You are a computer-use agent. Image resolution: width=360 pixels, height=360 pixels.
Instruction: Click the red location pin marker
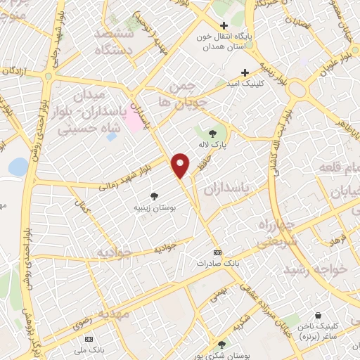coord(181,165)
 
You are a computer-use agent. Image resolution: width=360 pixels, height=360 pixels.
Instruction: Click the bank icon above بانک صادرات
coord(217,252)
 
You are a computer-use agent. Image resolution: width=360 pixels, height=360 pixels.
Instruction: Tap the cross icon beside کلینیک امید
coord(245,72)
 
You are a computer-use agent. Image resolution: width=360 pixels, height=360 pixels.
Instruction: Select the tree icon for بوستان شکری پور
coord(221,345)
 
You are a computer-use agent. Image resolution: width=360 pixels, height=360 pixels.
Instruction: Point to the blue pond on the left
coord(18,167)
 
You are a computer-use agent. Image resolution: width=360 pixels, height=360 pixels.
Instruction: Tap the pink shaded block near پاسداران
coord(132,124)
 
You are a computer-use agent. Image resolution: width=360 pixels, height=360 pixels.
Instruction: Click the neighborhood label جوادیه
coord(115,251)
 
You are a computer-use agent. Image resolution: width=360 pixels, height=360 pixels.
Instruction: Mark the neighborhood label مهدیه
coord(113,314)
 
